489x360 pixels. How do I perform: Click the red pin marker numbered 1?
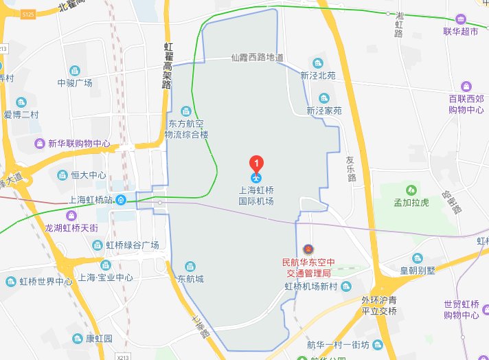tap(256, 164)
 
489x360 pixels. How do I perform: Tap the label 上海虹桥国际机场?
tap(256, 196)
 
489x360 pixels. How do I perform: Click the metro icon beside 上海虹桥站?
tap(121, 200)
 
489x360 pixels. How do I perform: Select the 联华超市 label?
tap(460, 31)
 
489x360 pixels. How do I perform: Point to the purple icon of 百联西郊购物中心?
tap(466, 87)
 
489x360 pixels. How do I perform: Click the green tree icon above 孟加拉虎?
tap(411, 189)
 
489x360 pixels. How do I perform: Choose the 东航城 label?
tap(191, 279)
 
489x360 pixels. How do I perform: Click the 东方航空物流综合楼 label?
tap(187, 129)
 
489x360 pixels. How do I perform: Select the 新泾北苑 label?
tap(317, 76)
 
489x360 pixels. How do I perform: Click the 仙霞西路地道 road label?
tap(258, 58)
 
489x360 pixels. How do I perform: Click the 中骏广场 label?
tap(75, 83)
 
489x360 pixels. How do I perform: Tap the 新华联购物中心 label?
tap(79, 144)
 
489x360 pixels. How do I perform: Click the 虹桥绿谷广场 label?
tap(132, 245)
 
